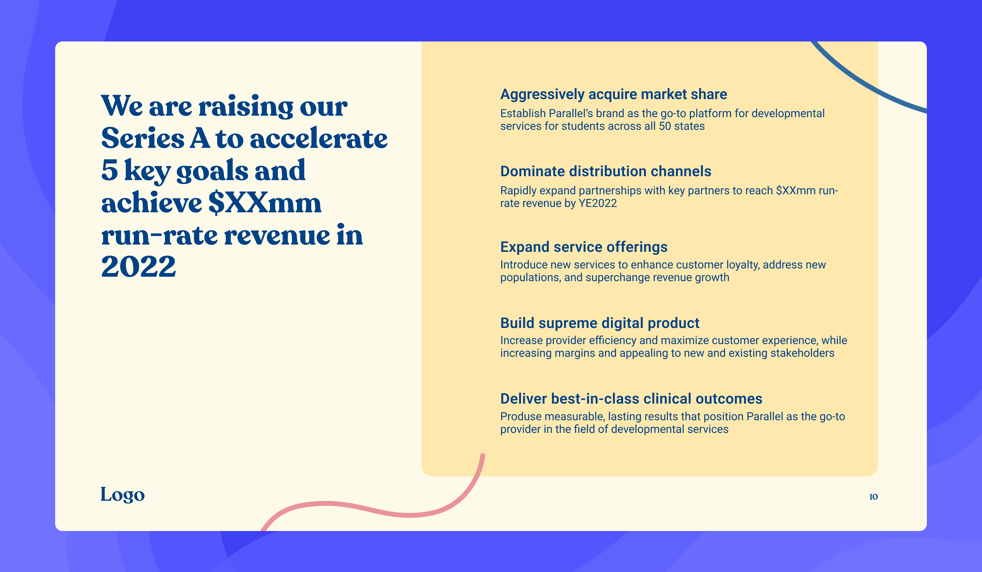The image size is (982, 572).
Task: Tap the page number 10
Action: (x=873, y=497)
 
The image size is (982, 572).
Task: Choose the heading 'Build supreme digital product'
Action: (x=600, y=323)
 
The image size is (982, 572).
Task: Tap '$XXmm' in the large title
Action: (x=265, y=203)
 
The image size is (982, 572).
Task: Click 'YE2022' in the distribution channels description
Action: (x=598, y=203)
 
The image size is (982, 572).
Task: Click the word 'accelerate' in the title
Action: (x=319, y=138)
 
